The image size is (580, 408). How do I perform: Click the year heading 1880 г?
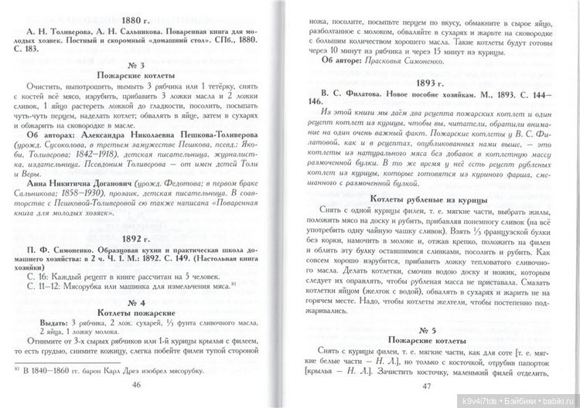coord(147,21)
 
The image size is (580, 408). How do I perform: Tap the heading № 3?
coord(147,64)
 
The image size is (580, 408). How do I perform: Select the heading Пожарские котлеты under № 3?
coord(147,76)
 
